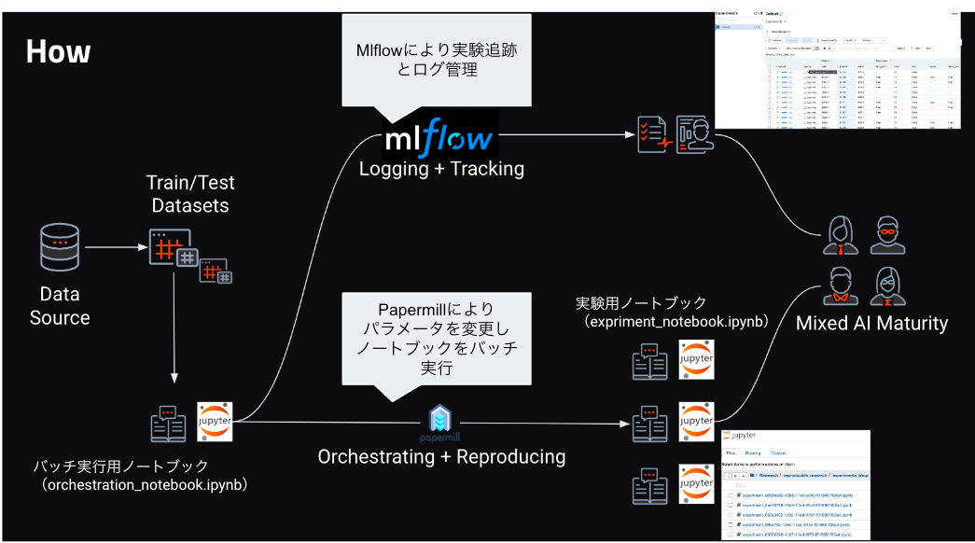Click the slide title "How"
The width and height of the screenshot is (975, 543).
[x=58, y=51]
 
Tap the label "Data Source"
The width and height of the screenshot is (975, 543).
[x=60, y=306]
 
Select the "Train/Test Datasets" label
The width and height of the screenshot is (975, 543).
[x=190, y=191]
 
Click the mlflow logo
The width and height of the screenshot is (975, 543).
[x=439, y=140]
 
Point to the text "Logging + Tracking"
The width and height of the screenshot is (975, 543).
[x=441, y=169]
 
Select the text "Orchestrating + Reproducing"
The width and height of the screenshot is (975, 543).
[x=441, y=456]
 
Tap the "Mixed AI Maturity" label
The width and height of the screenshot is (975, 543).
[x=871, y=324]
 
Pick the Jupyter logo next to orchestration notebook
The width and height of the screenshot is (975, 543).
[x=215, y=422]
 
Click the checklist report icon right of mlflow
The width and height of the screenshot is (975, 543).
[x=653, y=135]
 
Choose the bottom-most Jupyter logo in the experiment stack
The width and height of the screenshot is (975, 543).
[x=695, y=482]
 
